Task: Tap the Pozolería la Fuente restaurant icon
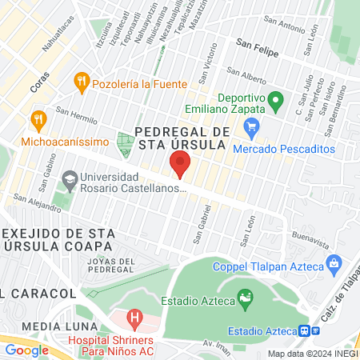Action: [81, 81]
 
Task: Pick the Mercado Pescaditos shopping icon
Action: [252, 126]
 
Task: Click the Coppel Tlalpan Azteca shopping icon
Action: [335, 263]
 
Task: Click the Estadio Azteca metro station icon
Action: [305, 330]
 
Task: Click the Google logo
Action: [27, 350]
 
